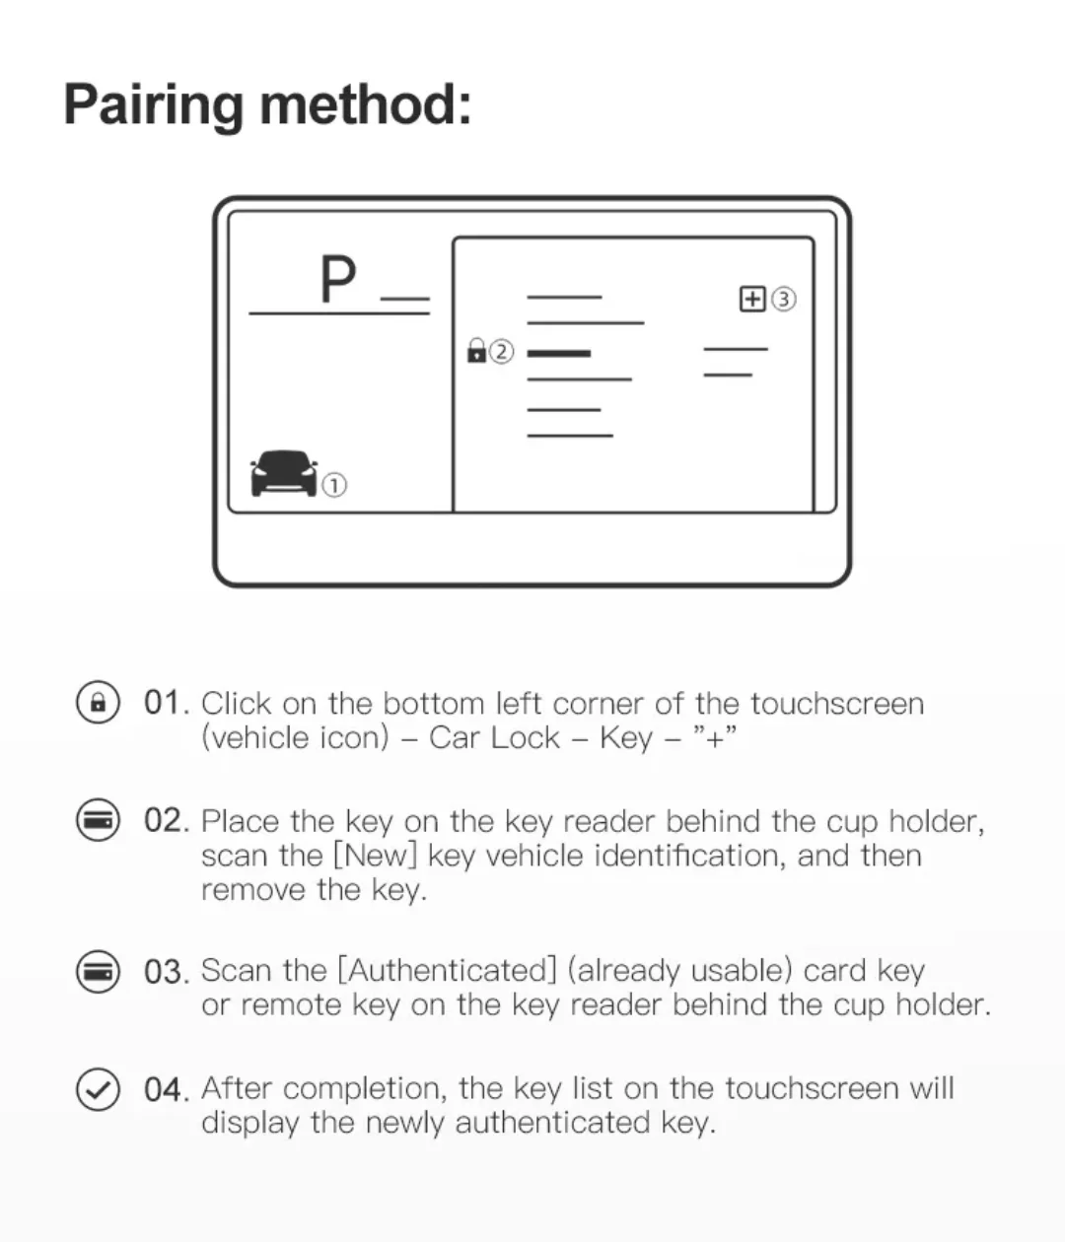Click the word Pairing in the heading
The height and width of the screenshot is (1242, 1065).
154,106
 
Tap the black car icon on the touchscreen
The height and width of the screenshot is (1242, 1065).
284,473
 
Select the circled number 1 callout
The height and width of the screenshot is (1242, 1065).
334,485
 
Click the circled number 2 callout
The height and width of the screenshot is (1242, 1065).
501,352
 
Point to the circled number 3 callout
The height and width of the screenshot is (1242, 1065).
784,299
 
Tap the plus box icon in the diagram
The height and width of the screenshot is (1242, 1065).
752,299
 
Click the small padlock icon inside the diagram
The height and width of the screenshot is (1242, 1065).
476,350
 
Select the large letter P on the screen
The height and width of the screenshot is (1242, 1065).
338,278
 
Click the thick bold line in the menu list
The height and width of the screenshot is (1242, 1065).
559,353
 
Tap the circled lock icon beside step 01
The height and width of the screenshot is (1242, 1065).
98,701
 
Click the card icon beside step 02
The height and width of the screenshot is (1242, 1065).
98,819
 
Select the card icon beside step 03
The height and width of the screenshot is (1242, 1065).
98,971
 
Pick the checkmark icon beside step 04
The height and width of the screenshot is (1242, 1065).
98,1089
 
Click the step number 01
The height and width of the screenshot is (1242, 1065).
166,703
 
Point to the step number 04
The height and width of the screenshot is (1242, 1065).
166,1090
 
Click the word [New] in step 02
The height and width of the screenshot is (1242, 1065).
375,855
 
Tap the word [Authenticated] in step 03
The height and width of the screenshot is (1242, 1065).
448,970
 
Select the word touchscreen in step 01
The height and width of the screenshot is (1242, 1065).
837,703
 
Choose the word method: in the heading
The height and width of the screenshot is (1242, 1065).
366,105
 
